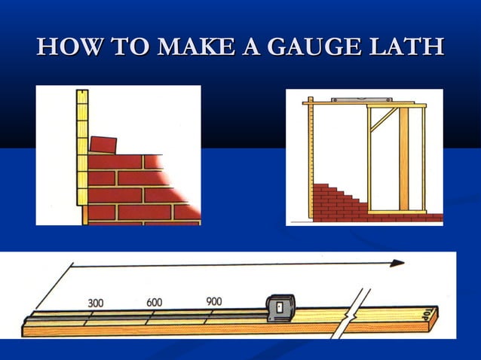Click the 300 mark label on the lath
(96, 303)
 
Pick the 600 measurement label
(154, 302)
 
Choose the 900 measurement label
(213, 301)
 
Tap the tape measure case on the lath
(280, 308)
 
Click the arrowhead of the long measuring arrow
(397, 263)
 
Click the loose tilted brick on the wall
(103, 144)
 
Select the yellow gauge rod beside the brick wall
(82, 158)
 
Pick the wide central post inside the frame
(403, 158)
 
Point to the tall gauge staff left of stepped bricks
(310, 162)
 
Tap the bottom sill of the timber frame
(397, 212)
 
